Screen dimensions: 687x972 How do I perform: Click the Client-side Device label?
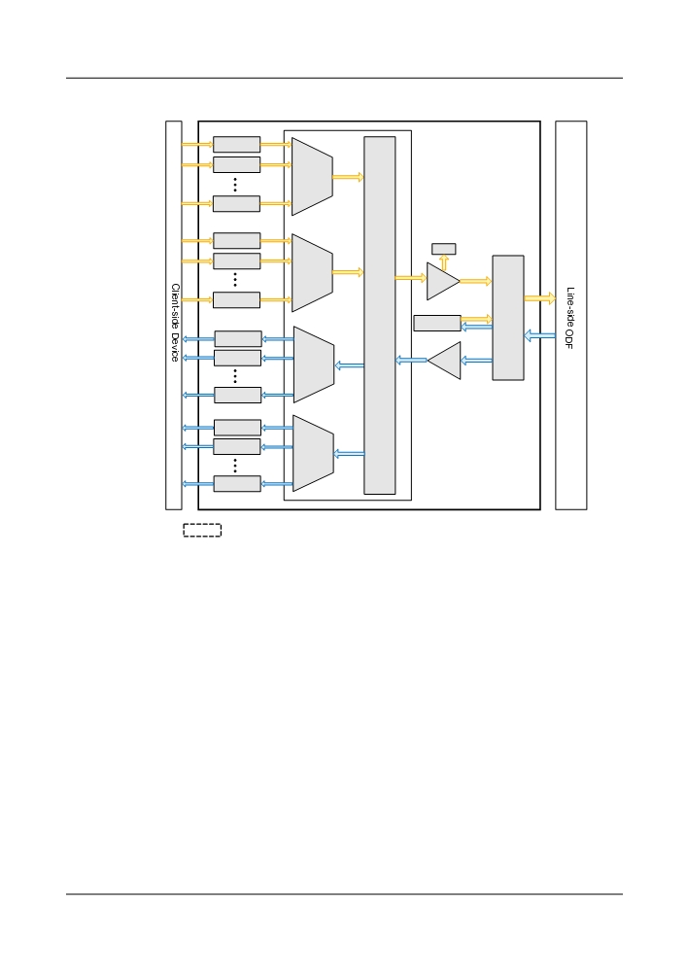(175, 323)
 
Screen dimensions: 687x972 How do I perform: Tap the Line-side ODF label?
(570, 318)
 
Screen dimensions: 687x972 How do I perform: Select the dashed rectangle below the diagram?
(202, 530)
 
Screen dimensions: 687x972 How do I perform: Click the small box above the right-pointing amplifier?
(443, 249)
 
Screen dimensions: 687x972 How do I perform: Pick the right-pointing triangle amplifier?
(441, 282)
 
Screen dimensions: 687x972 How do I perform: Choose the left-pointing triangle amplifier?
(446, 361)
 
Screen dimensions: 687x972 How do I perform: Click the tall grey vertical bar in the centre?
(380, 315)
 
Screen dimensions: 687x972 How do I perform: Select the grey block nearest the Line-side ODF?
(508, 318)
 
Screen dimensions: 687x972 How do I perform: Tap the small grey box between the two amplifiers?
(437, 323)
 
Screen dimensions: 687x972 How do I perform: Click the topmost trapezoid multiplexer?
(312, 177)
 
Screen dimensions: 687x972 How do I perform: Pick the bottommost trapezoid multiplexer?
(313, 453)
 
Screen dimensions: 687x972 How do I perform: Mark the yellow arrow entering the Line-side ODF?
(539, 298)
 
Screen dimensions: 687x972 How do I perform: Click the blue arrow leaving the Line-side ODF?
(539, 335)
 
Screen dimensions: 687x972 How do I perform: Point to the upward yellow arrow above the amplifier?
(443, 262)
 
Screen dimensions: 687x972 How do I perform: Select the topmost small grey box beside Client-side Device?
(237, 145)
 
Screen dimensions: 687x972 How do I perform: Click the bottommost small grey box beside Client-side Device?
(237, 483)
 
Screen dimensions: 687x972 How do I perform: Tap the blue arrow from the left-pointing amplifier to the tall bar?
(411, 360)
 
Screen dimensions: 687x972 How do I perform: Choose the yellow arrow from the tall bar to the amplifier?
(411, 278)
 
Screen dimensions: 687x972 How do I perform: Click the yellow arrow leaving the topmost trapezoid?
(348, 177)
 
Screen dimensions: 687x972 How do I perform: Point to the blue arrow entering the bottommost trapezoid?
(350, 454)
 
